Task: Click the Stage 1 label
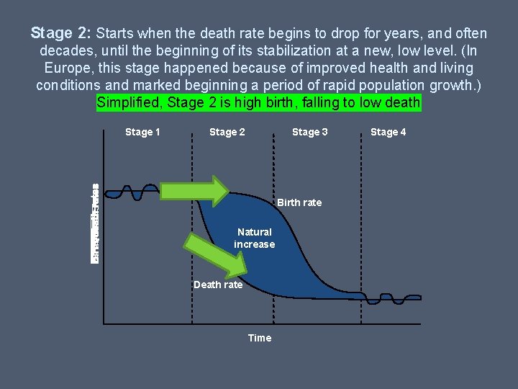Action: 142,132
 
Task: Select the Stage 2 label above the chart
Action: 227,132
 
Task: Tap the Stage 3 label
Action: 309,132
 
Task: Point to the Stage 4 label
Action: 388,132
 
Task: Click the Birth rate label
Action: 299,202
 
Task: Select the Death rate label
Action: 218,285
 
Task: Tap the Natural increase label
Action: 254,238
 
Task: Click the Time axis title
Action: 259,338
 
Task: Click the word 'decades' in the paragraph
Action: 66,50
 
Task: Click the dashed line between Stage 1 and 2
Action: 192,303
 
